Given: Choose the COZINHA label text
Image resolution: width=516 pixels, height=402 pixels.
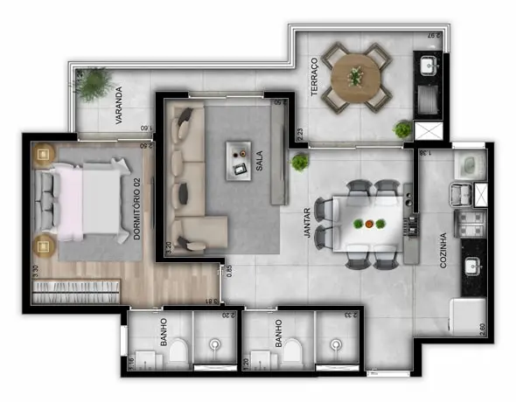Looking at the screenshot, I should click(444, 250).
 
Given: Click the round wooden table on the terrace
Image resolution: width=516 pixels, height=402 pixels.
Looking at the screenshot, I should click(355, 75).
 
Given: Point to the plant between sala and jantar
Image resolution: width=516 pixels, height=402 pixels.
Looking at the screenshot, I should click(300, 162).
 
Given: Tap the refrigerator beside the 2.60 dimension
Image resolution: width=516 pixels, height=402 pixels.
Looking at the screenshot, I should click(467, 315).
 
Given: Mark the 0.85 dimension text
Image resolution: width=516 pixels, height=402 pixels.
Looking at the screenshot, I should click(229, 272).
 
